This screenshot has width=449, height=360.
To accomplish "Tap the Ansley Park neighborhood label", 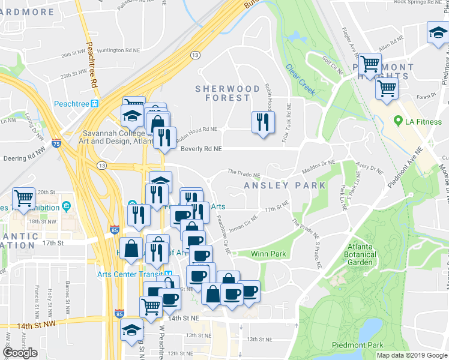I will click(x=285, y=185).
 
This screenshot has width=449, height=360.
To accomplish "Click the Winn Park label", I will click(x=268, y=254).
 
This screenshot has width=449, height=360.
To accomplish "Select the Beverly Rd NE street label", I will click(x=201, y=148).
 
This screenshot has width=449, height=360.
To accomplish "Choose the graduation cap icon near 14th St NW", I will click(x=132, y=329).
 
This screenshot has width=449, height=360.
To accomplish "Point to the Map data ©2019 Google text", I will click(x=412, y=355).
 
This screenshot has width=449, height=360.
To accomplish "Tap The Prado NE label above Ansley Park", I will click(x=244, y=173).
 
